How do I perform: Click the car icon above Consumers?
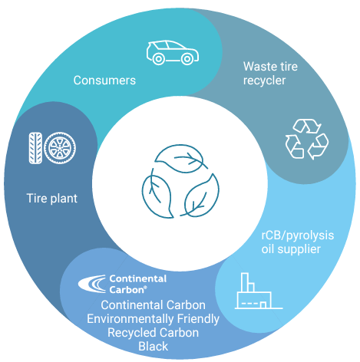coord(173,53)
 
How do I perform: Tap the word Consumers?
coord(104,81)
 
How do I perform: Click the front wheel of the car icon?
coord(187,59)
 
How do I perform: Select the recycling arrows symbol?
coord(307,139)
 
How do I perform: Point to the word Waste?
coord(259,67)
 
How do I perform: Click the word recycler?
coord(264,81)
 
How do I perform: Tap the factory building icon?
coord(259,291)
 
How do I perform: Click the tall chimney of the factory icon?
coord(245,282)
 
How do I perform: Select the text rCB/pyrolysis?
coord(298,235)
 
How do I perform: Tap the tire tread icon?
coord(35,148)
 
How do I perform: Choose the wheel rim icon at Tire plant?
coord(60,148)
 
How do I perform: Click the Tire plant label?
coord(52,199)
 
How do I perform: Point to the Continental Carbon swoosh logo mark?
coord(92,284)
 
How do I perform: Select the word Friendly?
coord(198,319)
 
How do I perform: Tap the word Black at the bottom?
coord(154,347)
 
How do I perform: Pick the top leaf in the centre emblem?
coord(181,159)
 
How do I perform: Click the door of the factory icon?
coord(263,304)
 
